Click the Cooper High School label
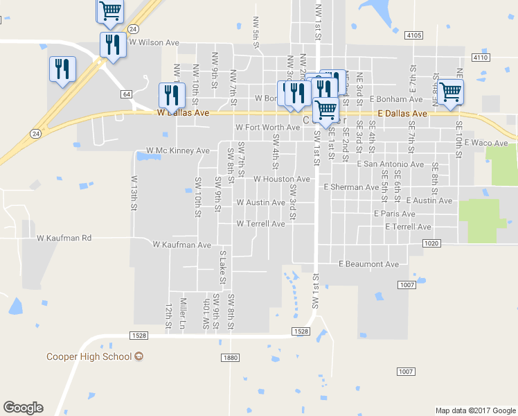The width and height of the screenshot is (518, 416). click(x=88, y=356)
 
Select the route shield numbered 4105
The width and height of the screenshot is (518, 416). click(x=414, y=35)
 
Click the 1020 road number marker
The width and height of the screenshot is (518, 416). click(x=430, y=243)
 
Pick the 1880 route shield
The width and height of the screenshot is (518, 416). click(x=231, y=358)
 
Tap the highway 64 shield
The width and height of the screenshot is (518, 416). click(x=126, y=93)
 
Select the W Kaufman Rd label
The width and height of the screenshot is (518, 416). click(x=64, y=238)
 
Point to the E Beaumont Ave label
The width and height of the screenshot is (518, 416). click(x=368, y=264)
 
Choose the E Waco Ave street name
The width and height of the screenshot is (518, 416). click(x=486, y=143)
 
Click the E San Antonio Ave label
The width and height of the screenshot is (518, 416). click(x=390, y=164)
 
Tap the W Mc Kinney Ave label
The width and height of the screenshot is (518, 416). click(x=177, y=150)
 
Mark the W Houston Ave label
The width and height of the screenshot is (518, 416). click(x=281, y=179)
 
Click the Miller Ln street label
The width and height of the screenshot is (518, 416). click(x=183, y=313)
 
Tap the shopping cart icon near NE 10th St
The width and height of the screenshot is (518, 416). click(x=450, y=91)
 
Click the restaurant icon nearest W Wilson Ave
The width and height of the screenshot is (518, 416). click(x=112, y=44)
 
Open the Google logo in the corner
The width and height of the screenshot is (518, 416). click(x=23, y=408)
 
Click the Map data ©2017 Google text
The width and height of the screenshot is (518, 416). click(x=475, y=410)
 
